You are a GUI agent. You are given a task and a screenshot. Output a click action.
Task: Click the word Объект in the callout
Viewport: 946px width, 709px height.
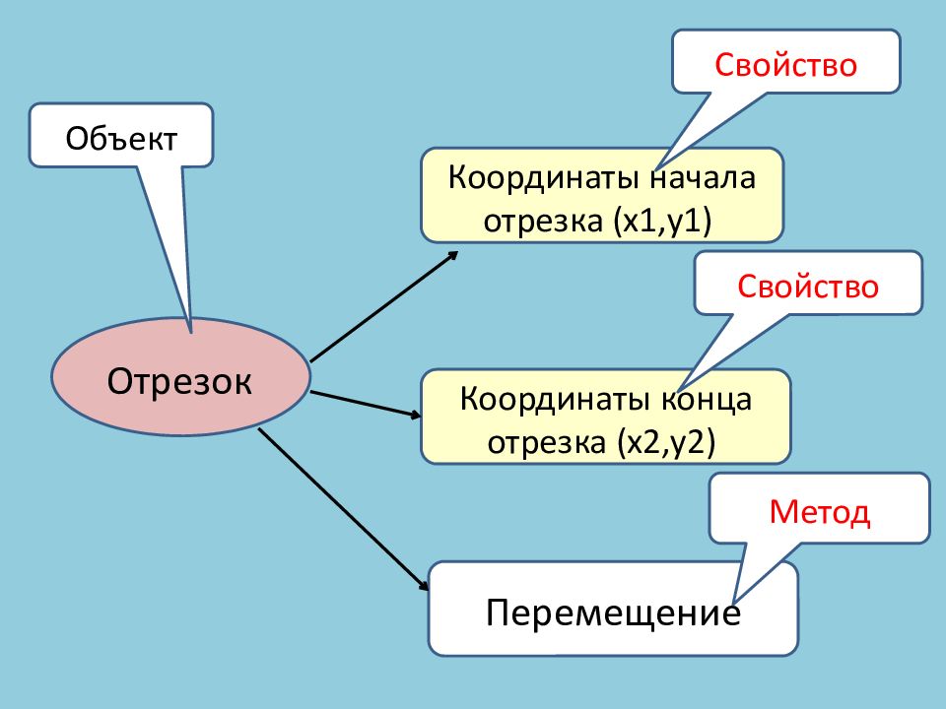(x=121, y=139)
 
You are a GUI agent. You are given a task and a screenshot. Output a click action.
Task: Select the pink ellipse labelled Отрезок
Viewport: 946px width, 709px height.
(x=180, y=377)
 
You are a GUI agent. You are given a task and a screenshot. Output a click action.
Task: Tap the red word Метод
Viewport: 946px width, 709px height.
(x=819, y=512)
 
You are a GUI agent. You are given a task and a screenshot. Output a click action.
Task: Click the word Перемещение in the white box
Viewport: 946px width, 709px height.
(x=613, y=612)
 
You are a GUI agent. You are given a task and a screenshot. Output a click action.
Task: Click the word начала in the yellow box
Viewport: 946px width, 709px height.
(x=703, y=178)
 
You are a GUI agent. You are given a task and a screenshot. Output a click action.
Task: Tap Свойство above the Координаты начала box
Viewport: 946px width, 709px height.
(x=785, y=65)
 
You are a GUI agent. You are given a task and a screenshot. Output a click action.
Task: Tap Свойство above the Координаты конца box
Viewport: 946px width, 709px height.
(x=808, y=286)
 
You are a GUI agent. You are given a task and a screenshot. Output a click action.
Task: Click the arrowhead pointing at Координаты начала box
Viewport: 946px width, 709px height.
(x=453, y=256)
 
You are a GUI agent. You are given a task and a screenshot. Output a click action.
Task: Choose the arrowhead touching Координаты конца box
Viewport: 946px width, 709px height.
(x=415, y=415)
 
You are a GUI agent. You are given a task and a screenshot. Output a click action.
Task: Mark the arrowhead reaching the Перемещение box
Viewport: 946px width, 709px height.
(x=424, y=585)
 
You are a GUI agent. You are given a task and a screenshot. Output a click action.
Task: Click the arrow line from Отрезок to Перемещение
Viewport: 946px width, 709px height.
(x=343, y=509)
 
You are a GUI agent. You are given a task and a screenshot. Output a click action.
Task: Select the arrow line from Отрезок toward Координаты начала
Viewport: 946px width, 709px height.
(x=384, y=306)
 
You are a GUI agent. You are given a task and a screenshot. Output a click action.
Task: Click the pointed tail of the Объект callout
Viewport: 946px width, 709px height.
(x=191, y=332)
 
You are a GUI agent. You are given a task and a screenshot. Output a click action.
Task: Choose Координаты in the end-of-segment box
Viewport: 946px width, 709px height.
(x=555, y=399)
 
